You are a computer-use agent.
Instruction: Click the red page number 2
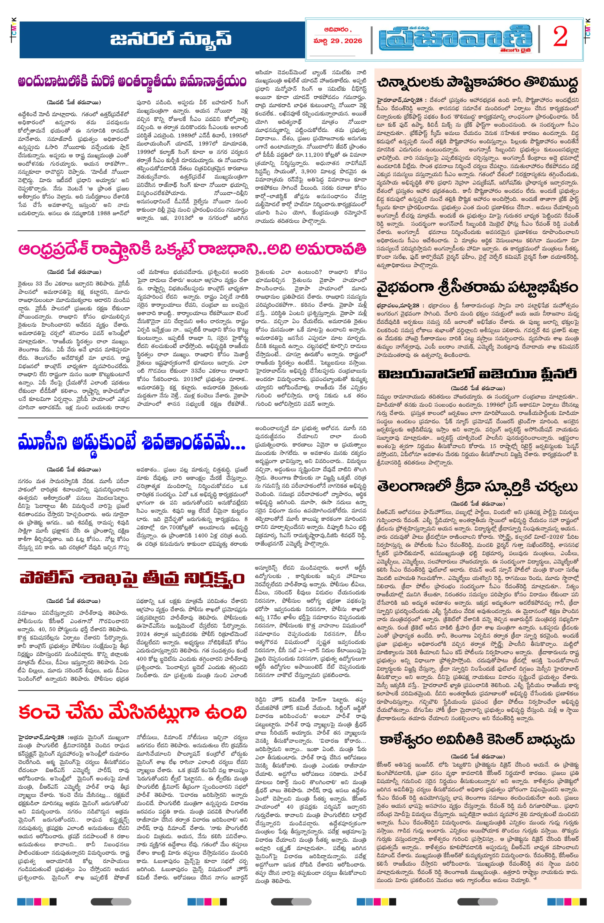pos(561,38)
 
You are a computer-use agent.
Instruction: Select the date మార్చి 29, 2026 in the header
pos(338,41)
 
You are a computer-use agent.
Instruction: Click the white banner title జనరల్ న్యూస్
pos(171,39)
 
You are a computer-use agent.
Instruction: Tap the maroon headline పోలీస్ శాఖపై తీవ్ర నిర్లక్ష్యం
pos(132,578)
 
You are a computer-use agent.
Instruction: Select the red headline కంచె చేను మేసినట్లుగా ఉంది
pos(132,712)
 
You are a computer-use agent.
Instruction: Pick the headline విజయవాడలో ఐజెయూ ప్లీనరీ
pos(477,374)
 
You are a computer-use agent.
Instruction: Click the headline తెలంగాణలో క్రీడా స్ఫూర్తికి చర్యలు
pos(477,486)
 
